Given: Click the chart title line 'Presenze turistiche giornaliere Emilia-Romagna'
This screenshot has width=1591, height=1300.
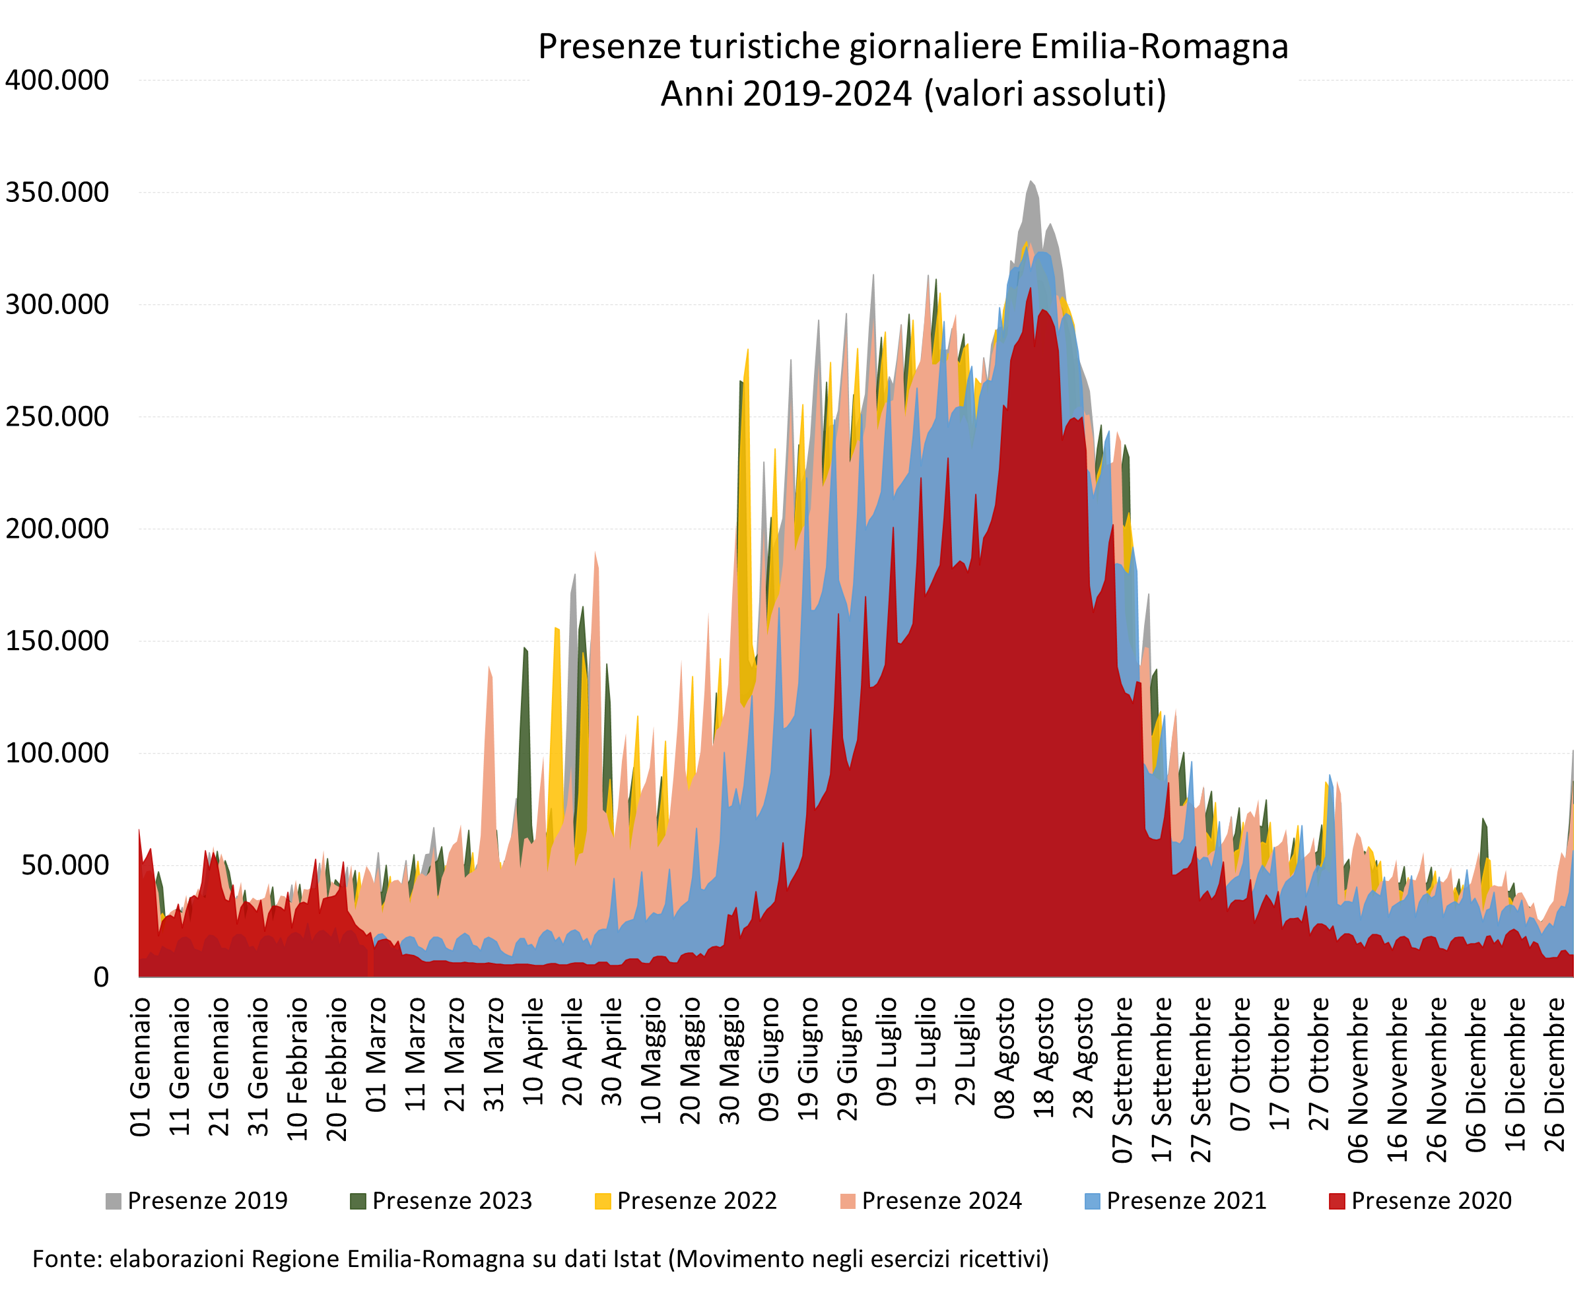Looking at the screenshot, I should point(912,46).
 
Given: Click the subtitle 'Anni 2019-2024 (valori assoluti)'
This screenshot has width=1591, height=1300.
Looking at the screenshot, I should point(912,94).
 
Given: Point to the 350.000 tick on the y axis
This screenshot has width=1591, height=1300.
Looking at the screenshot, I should point(57,193).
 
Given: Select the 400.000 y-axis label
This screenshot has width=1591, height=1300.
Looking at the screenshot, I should point(57,80).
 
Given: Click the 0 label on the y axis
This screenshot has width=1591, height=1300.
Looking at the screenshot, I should point(100,977).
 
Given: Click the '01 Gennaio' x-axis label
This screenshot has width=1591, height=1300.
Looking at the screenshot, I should point(141,1066).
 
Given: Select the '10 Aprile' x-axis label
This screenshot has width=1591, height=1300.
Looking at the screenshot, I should point(533,1051).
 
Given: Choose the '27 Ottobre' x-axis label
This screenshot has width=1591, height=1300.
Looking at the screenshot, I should point(1318,1063).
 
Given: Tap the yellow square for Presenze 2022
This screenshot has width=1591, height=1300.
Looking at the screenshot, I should point(602,1201).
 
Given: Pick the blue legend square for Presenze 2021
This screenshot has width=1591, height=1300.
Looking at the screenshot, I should point(1092,1201).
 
